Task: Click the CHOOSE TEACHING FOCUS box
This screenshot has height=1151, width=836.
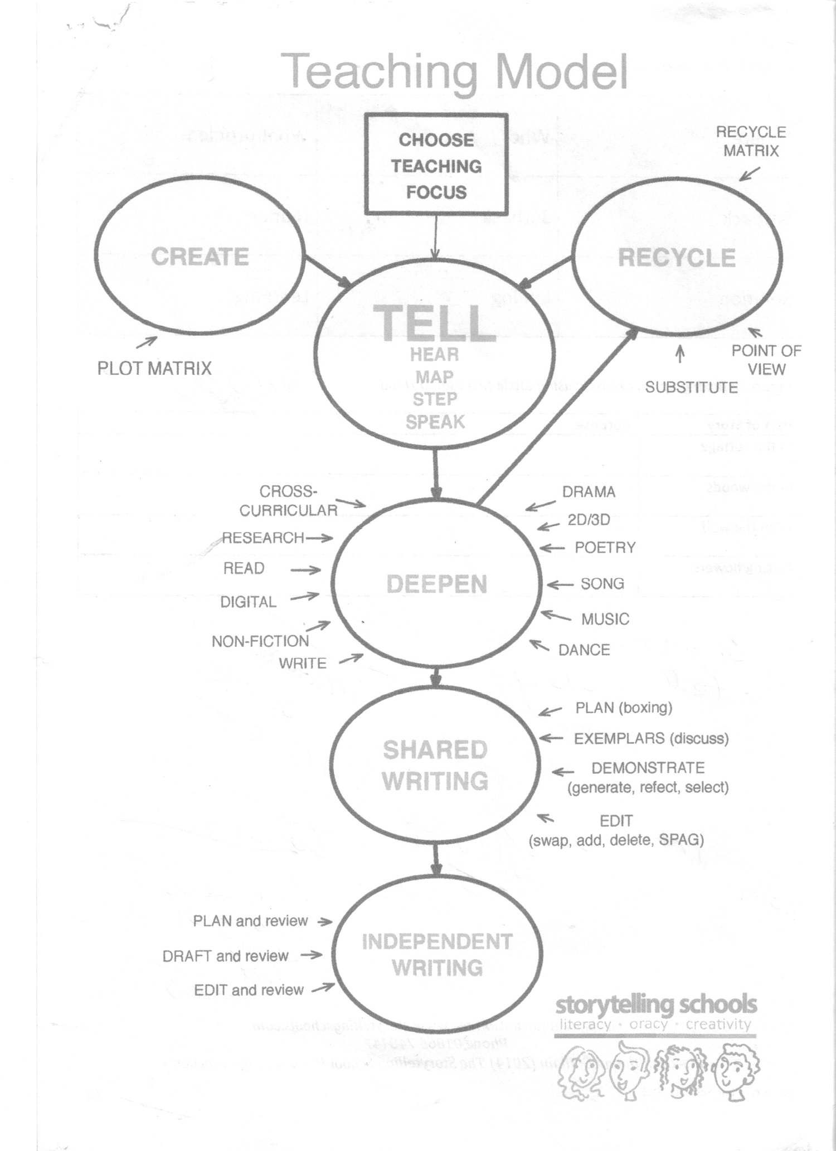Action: (x=436, y=165)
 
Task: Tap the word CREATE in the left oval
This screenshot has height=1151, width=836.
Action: (x=200, y=257)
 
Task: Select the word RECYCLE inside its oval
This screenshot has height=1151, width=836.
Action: (x=677, y=258)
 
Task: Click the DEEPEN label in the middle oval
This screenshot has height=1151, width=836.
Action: (x=436, y=584)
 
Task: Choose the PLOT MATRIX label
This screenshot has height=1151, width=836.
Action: (x=154, y=368)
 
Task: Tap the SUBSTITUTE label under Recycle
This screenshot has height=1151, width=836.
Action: (x=691, y=387)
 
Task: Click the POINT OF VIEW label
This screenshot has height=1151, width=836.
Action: (x=766, y=360)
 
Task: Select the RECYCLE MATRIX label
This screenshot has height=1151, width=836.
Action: (x=751, y=141)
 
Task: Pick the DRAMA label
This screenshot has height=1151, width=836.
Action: (x=589, y=492)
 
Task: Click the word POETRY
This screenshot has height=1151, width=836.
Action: (x=605, y=548)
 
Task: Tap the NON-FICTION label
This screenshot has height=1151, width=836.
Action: (x=260, y=641)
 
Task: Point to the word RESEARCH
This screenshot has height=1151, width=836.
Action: (x=263, y=538)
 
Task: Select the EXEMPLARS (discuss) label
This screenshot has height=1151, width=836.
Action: (x=651, y=738)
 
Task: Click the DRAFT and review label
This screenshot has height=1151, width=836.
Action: (x=225, y=956)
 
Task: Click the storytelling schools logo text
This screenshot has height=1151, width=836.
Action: (x=656, y=1005)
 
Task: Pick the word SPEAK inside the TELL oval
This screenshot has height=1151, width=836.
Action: (x=435, y=422)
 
